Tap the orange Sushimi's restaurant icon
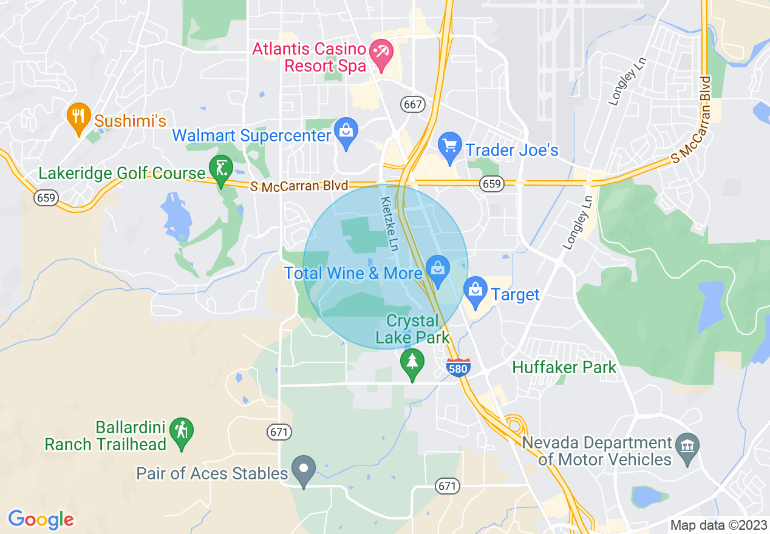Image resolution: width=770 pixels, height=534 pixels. [x=78, y=118]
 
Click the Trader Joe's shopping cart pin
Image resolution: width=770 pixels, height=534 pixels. [x=450, y=148]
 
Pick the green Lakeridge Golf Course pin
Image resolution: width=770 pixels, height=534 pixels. [x=220, y=171]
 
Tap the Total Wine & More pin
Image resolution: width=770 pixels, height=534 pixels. [x=437, y=271]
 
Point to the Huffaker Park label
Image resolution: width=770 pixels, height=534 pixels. [x=564, y=367]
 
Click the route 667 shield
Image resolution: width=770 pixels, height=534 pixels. [x=412, y=104]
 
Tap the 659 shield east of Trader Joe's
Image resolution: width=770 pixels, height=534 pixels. [x=492, y=184]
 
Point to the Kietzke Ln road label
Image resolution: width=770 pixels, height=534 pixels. [x=390, y=224]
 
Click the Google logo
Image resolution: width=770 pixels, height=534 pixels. [x=41, y=519]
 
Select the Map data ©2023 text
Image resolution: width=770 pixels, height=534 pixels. [x=718, y=525]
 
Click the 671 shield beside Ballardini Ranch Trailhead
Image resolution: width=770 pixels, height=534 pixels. [x=279, y=432]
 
